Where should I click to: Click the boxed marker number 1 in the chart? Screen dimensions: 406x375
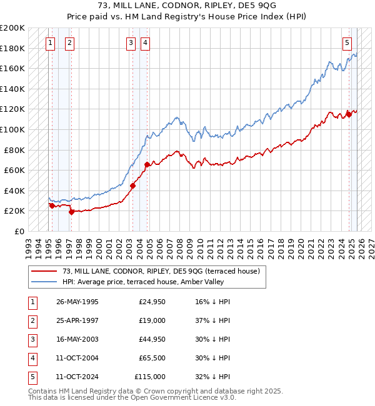[x=50, y=42]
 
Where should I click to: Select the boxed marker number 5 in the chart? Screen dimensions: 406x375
[x=347, y=42]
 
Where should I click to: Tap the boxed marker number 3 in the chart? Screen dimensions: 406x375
[x=131, y=42]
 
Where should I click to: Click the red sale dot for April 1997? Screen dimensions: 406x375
[x=71, y=212]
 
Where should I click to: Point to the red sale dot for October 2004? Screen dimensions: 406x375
[x=147, y=164]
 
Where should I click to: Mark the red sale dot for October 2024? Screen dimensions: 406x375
[x=348, y=114]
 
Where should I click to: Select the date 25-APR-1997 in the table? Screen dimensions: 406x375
[x=77, y=320]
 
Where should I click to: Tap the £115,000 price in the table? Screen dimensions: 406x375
[x=150, y=377]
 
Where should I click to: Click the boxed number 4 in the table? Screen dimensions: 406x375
[x=31, y=358]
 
